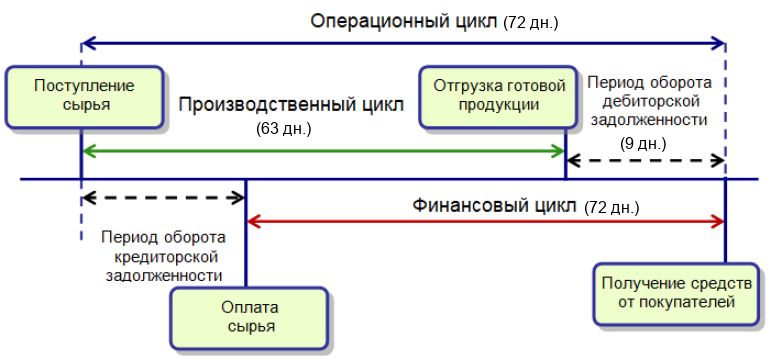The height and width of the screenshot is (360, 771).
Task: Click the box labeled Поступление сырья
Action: tap(84, 97)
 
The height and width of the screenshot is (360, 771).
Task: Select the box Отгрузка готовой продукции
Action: tap(499, 97)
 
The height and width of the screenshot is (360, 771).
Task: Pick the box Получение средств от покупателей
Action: tap(677, 294)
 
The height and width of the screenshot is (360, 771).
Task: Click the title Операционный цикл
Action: tap(404, 22)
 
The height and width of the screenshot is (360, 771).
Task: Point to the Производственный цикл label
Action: tap(291, 105)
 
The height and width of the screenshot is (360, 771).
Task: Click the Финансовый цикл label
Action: tap(494, 206)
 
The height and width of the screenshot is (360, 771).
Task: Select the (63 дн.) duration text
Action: tap(284, 130)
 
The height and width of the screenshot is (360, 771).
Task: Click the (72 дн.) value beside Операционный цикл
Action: tap(531, 24)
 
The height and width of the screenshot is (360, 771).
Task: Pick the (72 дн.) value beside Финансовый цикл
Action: tap(611, 208)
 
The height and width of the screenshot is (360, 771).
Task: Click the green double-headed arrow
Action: tap(323, 151)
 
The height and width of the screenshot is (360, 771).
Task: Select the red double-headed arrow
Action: tap(485, 222)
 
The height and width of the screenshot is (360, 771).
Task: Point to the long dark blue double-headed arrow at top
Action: tap(404, 43)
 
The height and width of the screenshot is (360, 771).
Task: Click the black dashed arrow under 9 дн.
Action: tap(646, 160)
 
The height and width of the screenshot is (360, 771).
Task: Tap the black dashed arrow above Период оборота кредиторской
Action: tap(164, 198)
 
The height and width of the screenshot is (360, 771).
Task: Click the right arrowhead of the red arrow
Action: tap(719, 222)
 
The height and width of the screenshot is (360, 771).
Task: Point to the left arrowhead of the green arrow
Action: tap(88, 151)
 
